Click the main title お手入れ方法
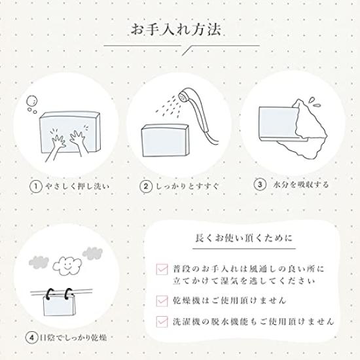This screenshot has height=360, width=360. click(x=176, y=29)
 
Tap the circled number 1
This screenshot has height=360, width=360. click(x=36, y=187)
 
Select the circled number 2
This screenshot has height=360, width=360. click(x=146, y=186)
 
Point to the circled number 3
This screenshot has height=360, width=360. click(x=260, y=185)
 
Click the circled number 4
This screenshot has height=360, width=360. click(x=31, y=338)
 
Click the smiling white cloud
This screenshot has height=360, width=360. click(x=67, y=265)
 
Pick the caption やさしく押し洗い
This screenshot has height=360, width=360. click(x=77, y=187)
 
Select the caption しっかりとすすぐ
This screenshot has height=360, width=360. click(x=188, y=186)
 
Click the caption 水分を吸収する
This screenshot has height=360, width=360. click(x=301, y=185)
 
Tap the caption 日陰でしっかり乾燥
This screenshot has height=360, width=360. click(x=73, y=338)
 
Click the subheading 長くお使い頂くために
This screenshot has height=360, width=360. click(x=244, y=238)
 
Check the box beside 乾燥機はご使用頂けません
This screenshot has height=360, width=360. click(x=162, y=301)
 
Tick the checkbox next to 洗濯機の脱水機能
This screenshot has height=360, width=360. click(x=162, y=321)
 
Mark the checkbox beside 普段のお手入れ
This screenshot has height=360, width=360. click(x=162, y=269)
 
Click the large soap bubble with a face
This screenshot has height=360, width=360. click(x=32, y=101)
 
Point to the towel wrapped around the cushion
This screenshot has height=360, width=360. click(x=302, y=129)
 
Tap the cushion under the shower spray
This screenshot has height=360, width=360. click(x=166, y=141)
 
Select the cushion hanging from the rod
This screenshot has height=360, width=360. click(x=59, y=304)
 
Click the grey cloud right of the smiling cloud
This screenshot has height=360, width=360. click(x=92, y=253)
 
